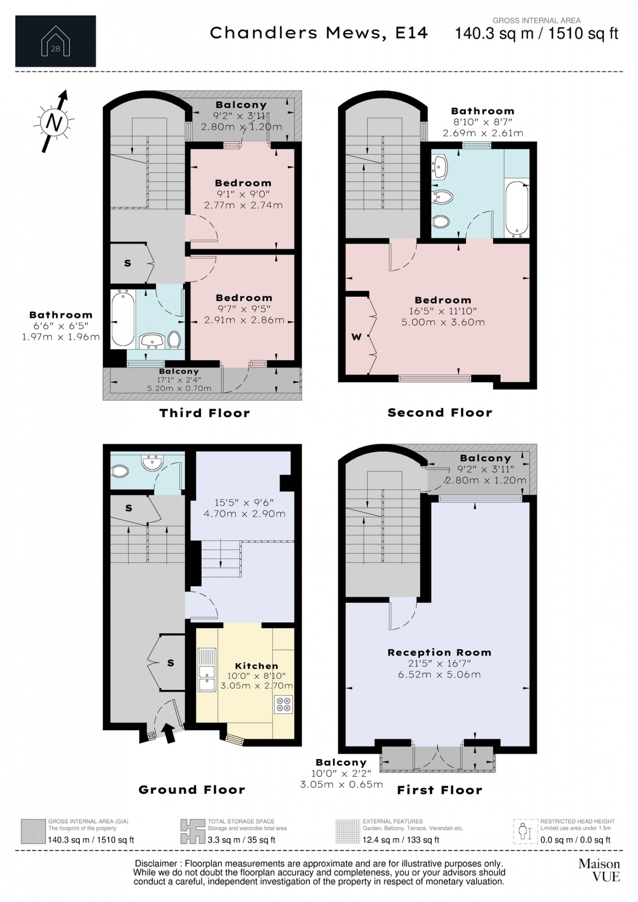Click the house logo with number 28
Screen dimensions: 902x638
tap(56, 42)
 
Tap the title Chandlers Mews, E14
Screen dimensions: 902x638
tap(319, 33)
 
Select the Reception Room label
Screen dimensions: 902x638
tap(439, 652)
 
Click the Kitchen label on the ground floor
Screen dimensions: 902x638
tap(256, 666)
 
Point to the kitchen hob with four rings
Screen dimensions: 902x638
tap(284, 704)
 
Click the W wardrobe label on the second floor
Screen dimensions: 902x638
tap(356, 337)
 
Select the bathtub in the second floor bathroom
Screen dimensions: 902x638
tap(516, 208)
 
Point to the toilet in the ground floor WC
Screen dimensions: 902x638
tap(119, 470)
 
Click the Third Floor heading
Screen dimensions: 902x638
tap(205, 413)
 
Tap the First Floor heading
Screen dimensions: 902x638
tap(439, 790)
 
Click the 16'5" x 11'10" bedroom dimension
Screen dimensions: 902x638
tap(443, 311)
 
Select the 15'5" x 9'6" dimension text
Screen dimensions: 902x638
tap(244, 502)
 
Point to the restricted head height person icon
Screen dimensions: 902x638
tap(525, 831)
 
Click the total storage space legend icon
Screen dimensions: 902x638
tap(192, 831)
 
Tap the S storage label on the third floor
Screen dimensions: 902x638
tap(128, 263)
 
